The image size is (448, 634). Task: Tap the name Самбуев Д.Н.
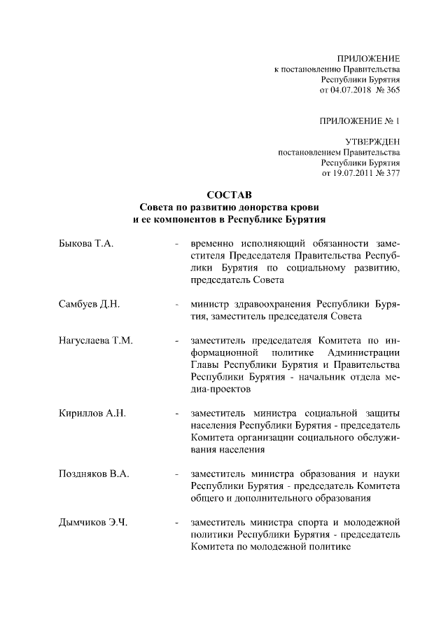pos(90,304)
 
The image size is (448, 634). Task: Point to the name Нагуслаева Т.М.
pos(96,340)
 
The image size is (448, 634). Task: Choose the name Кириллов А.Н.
pos(92,413)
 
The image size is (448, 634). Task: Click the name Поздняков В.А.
pos(94,474)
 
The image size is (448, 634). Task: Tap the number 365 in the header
pos(392,90)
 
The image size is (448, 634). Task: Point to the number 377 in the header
pos(392,173)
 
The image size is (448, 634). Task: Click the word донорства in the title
pos(265,207)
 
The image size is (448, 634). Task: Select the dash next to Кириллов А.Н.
pos(176,413)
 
